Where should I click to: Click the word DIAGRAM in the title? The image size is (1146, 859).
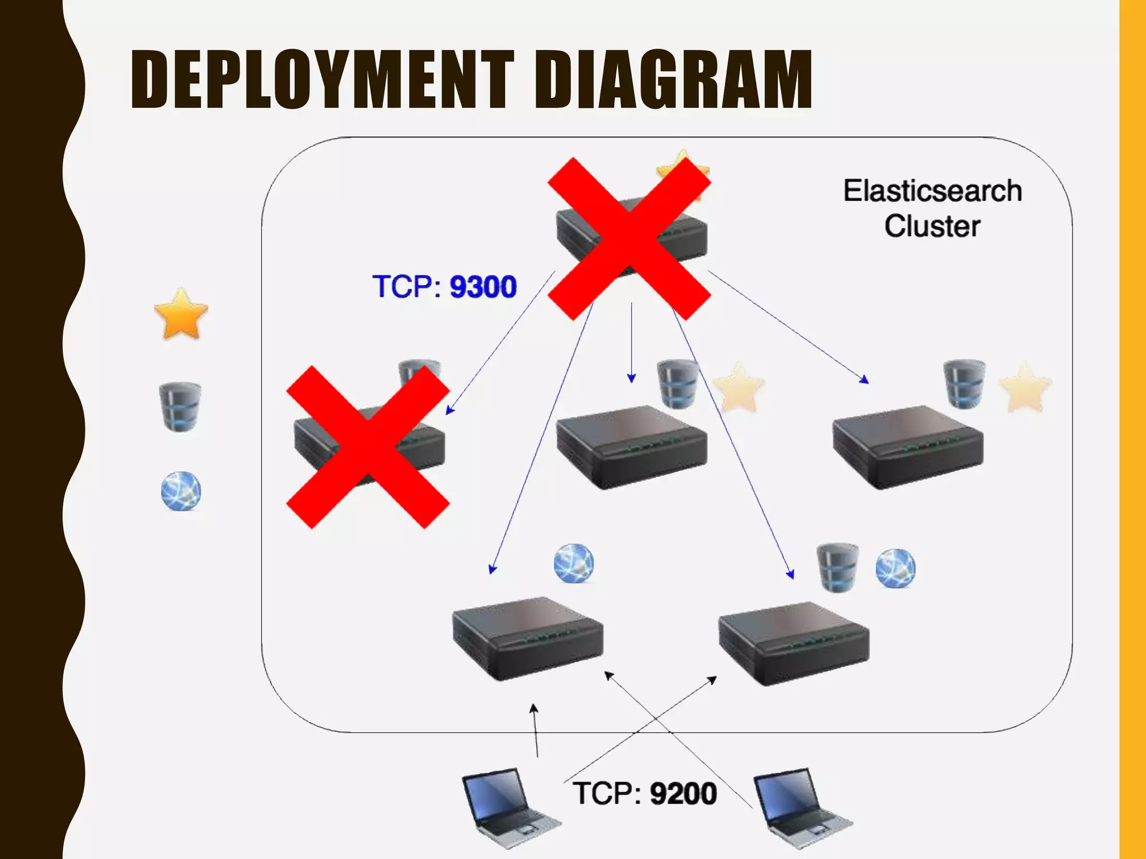[x=673, y=79]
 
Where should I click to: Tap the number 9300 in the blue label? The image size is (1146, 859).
[x=483, y=287]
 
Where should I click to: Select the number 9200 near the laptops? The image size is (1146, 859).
[x=683, y=794]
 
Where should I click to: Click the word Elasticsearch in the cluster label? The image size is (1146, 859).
[x=932, y=191]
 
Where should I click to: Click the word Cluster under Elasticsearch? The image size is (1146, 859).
[x=932, y=226]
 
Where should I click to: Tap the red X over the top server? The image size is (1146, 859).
[x=630, y=238]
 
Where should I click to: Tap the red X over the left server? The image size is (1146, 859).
[x=368, y=447]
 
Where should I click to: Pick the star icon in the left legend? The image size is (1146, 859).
[x=181, y=314]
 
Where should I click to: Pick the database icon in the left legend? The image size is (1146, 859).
[x=180, y=407]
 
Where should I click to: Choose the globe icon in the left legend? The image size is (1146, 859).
[x=181, y=491]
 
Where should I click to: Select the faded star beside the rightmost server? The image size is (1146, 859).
[x=1025, y=388]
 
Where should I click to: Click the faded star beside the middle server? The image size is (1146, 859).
[x=739, y=388]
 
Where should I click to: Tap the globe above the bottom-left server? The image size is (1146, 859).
[x=574, y=563]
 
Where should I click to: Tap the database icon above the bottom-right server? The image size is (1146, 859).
[x=837, y=567]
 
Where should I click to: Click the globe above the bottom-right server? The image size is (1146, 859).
[x=895, y=568]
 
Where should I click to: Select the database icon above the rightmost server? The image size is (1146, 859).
[x=964, y=384]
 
